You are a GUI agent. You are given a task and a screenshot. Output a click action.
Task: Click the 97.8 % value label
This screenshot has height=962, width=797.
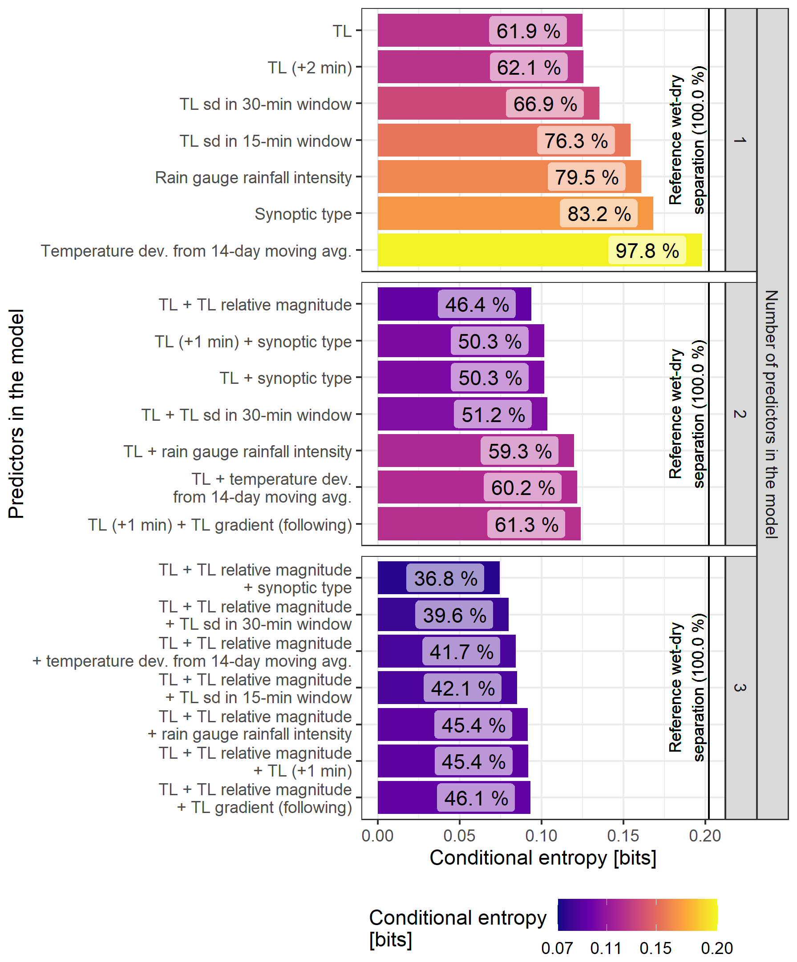tap(647, 250)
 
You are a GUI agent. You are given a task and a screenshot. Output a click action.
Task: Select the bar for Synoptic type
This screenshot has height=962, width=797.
tap(468, 213)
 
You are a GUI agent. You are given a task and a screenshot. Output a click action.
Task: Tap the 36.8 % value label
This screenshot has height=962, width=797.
tap(445, 578)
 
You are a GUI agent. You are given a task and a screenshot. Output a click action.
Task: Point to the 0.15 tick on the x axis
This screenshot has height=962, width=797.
tap(623, 836)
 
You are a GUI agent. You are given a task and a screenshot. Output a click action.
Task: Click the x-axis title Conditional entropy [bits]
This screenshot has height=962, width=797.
tap(542, 858)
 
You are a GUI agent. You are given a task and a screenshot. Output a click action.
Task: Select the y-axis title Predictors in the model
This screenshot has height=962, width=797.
tap(16, 414)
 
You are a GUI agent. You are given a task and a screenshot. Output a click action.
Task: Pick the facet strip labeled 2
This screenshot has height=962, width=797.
tap(740, 414)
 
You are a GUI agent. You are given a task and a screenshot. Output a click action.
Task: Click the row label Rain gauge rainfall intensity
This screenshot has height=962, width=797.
tap(253, 177)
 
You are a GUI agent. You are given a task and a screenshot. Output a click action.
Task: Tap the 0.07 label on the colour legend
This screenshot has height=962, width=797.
tap(557, 948)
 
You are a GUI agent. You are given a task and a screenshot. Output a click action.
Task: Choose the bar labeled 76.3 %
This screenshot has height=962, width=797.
tap(458, 140)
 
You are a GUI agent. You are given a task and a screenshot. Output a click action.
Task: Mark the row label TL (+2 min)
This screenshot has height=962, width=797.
tap(310, 67)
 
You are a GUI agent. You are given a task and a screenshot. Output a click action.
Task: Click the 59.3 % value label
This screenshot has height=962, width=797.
tap(520, 451)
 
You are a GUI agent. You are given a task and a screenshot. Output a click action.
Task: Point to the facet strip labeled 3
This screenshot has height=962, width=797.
tap(740, 688)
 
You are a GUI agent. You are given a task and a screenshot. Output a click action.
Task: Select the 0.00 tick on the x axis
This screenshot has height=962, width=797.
tap(377, 836)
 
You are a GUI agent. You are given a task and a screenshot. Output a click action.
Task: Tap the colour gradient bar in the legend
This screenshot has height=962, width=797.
tap(637, 914)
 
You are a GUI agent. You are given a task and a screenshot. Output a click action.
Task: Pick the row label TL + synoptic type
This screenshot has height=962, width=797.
tap(286, 378)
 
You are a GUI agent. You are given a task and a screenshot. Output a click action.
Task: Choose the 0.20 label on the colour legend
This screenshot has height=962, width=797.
tap(716, 948)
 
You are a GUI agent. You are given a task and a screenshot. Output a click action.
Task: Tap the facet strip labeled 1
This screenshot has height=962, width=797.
tap(740, 140)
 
